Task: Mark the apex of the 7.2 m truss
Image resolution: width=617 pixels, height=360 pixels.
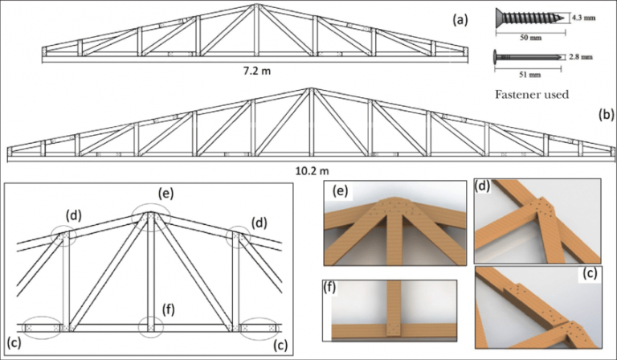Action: [x=256, y=6]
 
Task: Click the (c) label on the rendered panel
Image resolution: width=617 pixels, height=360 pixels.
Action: [x=590, y=274]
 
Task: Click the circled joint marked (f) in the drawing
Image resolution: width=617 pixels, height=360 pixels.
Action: [x=150, y=328]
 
